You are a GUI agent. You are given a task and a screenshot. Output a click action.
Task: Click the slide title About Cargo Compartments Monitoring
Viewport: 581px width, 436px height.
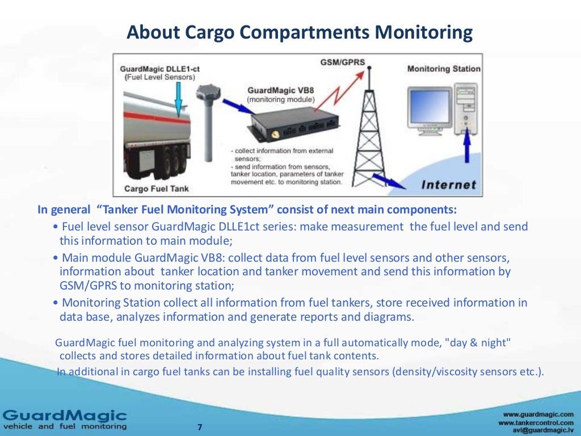click(x=299, y=32)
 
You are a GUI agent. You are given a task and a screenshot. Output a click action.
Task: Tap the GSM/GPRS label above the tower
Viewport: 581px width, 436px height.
click(x=335, y=61)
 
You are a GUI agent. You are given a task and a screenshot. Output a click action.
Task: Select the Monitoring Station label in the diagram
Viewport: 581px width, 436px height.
click(x=443, y=69)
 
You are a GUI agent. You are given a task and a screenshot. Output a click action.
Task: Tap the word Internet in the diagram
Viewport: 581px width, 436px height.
click(x=449, y=185)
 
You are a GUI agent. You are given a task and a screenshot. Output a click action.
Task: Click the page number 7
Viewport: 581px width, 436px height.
click(x=199, y=427)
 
